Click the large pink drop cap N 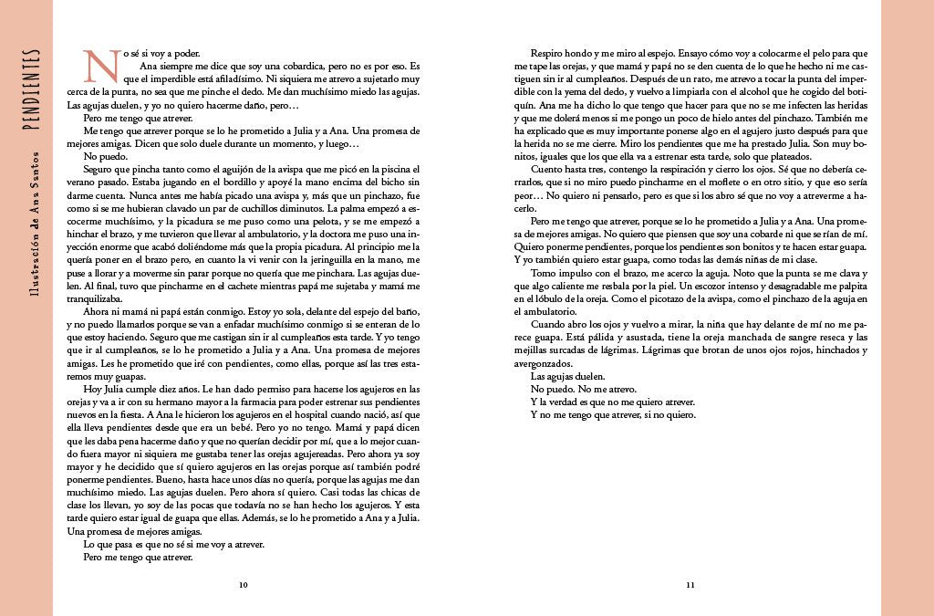click(97, 66)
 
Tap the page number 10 click(244, 584)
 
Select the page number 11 click(690, 584)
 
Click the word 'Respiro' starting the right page click(547, 53)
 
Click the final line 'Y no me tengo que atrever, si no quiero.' click(613, 414)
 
